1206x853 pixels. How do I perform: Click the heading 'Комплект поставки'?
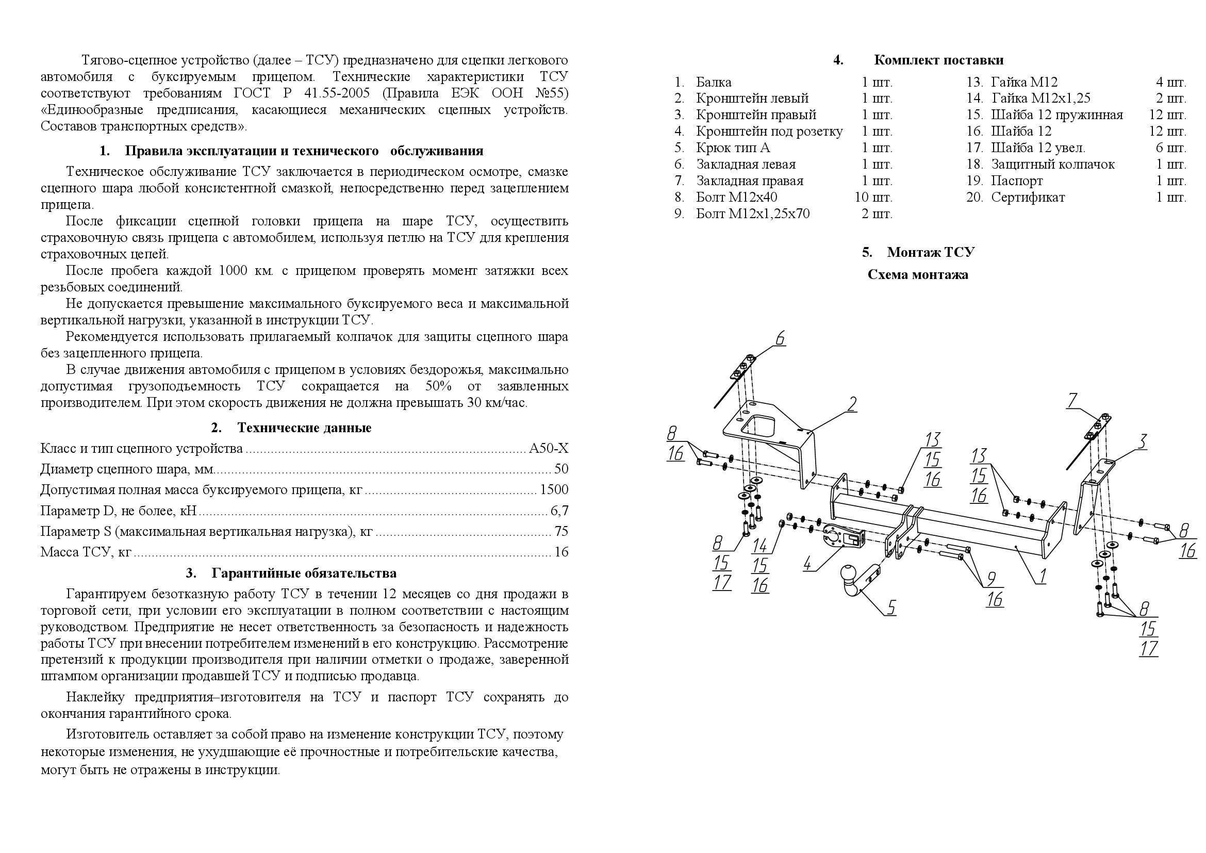938,60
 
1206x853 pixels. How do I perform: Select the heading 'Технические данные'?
304,428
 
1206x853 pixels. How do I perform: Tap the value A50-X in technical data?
549,449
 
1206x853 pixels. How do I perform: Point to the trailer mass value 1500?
554,489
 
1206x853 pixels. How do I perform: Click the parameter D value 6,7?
559,511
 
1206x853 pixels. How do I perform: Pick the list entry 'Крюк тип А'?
733,147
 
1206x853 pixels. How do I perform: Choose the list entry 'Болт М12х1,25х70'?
752,214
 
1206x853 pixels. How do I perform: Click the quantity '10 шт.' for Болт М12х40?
873,198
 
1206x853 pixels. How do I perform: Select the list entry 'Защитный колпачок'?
1053,165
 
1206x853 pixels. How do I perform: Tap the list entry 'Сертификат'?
1028,198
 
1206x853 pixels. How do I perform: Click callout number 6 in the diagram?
780,338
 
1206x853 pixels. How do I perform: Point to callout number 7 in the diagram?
1072,401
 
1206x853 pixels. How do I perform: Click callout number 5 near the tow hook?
891,607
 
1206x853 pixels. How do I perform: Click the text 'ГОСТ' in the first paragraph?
249,93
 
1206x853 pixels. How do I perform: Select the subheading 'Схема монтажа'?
918,275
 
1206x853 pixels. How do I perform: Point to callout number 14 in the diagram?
759,546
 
